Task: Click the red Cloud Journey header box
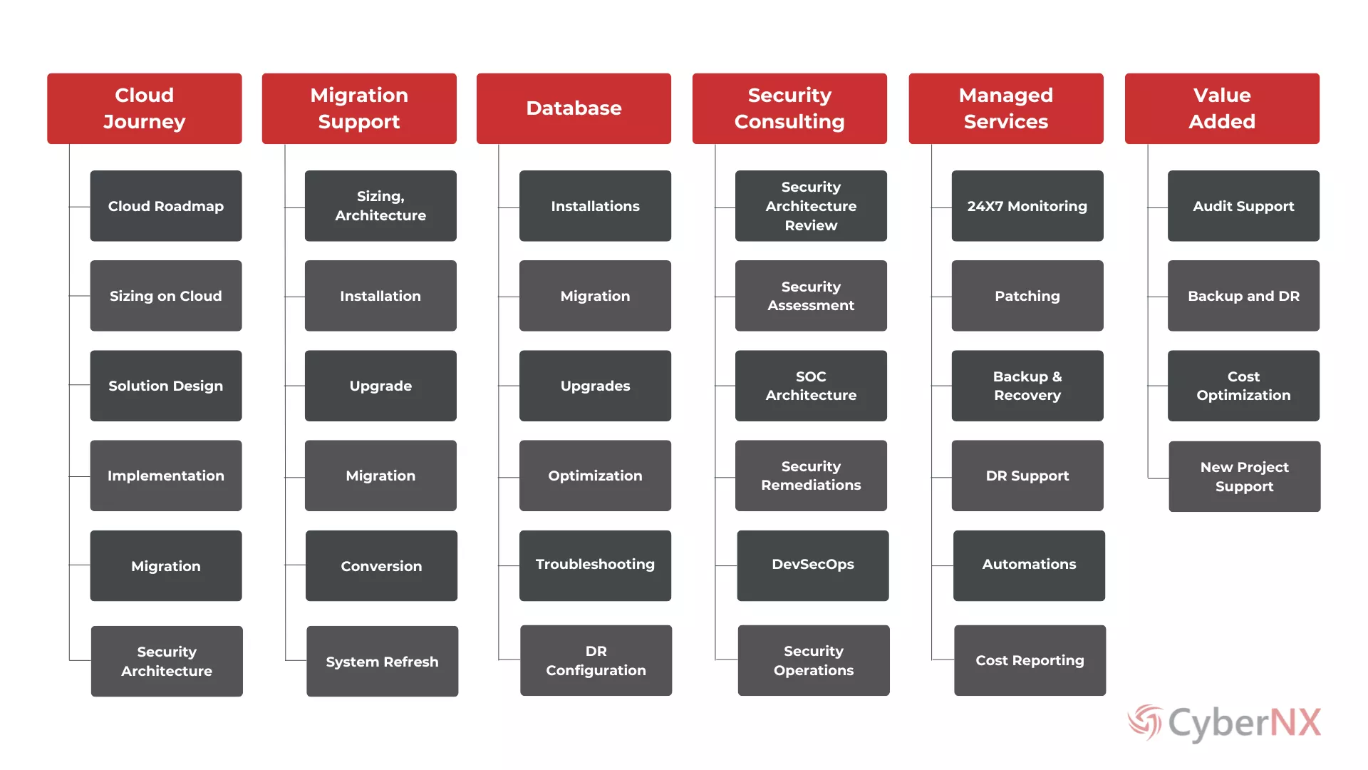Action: click(145, 108)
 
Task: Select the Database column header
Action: click(574, 108)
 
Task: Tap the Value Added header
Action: click(1222, 108)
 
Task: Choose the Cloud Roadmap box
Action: click(166, 206)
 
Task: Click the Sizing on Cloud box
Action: click(166, 296)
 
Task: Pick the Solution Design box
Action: click(166, 386)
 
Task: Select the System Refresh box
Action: click(382, 662)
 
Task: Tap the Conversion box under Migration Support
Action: click(381, 566)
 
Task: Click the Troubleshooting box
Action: click(595, 565)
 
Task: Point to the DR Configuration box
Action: click(596, 661)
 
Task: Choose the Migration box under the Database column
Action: click(595, 296)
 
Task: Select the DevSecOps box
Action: click(813, 565)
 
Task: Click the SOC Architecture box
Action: click(811, 386)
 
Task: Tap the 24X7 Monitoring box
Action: click(1027, 206)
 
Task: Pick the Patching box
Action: click(1027, 296)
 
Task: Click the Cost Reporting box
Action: click(1030, 661)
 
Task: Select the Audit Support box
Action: click(1243, 206)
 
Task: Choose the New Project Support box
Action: click(1244, 476)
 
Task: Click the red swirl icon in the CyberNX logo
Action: click(1145, 722)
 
